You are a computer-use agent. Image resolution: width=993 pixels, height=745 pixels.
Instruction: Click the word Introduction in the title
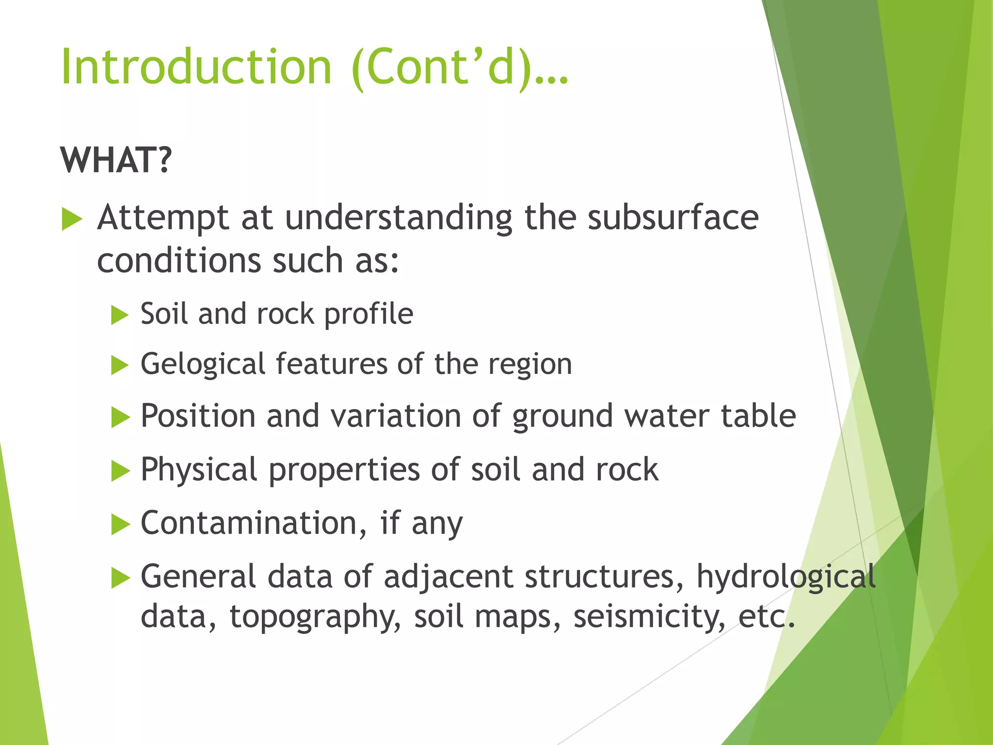[x=196, y=67]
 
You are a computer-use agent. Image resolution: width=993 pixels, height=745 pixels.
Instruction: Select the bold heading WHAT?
[x=116, y=160]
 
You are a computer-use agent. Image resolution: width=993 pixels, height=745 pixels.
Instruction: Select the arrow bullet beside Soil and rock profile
[x=120, y=315]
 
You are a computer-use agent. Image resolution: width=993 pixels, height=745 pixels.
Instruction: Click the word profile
[x=368, y=314]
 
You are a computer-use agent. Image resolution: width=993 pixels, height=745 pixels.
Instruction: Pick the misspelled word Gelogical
[x=203, y=365]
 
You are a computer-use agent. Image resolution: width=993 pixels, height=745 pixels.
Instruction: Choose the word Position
[x=198, y=416]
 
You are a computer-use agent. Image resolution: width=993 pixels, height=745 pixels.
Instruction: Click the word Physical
[x=199, y=470]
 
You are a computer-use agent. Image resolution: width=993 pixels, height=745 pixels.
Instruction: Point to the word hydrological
[x=786, y=577]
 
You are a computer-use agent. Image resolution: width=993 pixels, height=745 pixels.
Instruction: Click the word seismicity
[x=649, y=616]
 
